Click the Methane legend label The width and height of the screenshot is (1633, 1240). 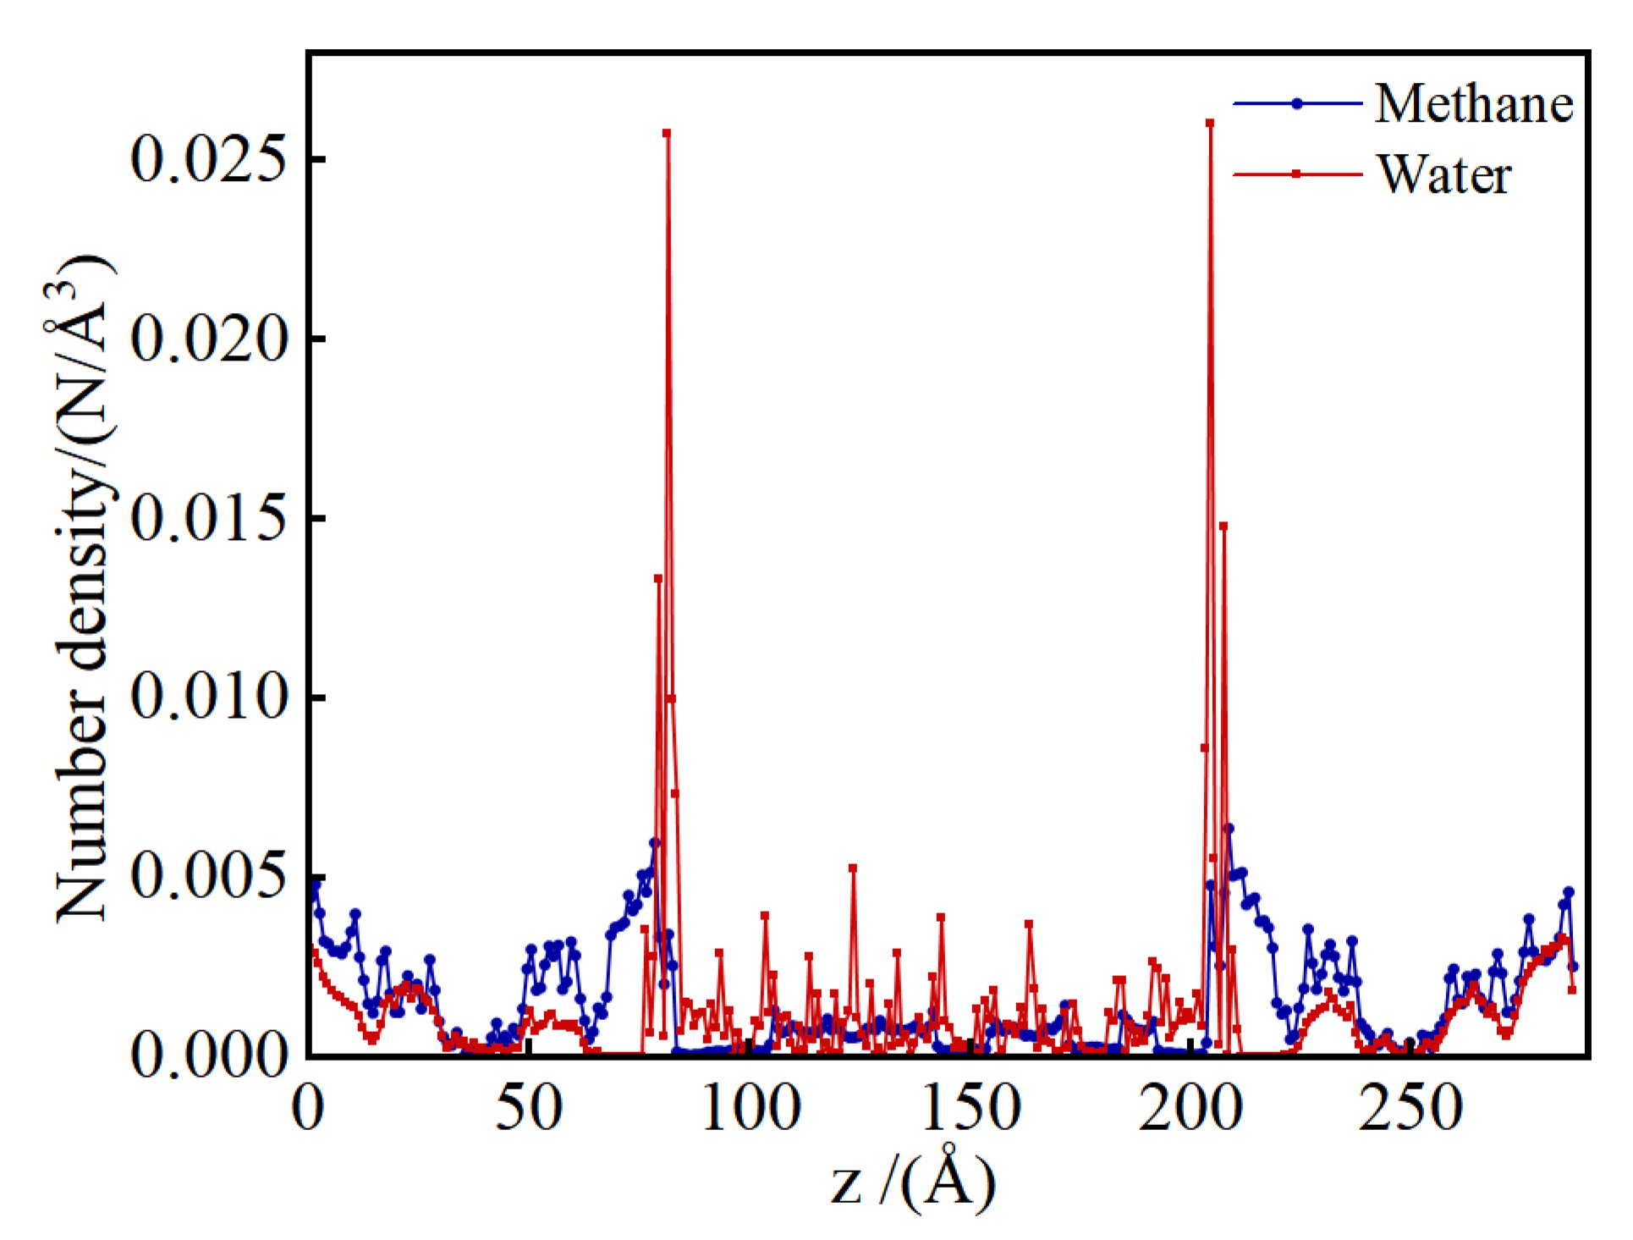(x=1473, y=104)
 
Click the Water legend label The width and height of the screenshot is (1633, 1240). (x=1443, y=174)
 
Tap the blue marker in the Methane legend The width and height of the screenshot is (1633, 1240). (x=1296, y=104)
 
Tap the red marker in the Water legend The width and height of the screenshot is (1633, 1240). (x=1296, y=174)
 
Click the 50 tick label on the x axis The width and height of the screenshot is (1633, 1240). (x=529, y=1108)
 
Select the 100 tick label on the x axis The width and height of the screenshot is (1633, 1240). (x=751, y=1108)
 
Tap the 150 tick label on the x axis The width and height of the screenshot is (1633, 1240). (x=971, y=1108)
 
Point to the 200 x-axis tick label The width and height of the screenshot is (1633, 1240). (x=1190, y=1108)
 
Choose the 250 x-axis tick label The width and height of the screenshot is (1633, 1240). (x=1410, y=1108)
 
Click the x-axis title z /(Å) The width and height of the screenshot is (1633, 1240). (x=913, y=1179)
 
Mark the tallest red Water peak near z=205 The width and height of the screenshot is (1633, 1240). (x=1210, y=124)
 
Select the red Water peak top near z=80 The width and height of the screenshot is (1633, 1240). (x=667, y=134)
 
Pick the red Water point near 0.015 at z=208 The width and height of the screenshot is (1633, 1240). (x=1223, y=526)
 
